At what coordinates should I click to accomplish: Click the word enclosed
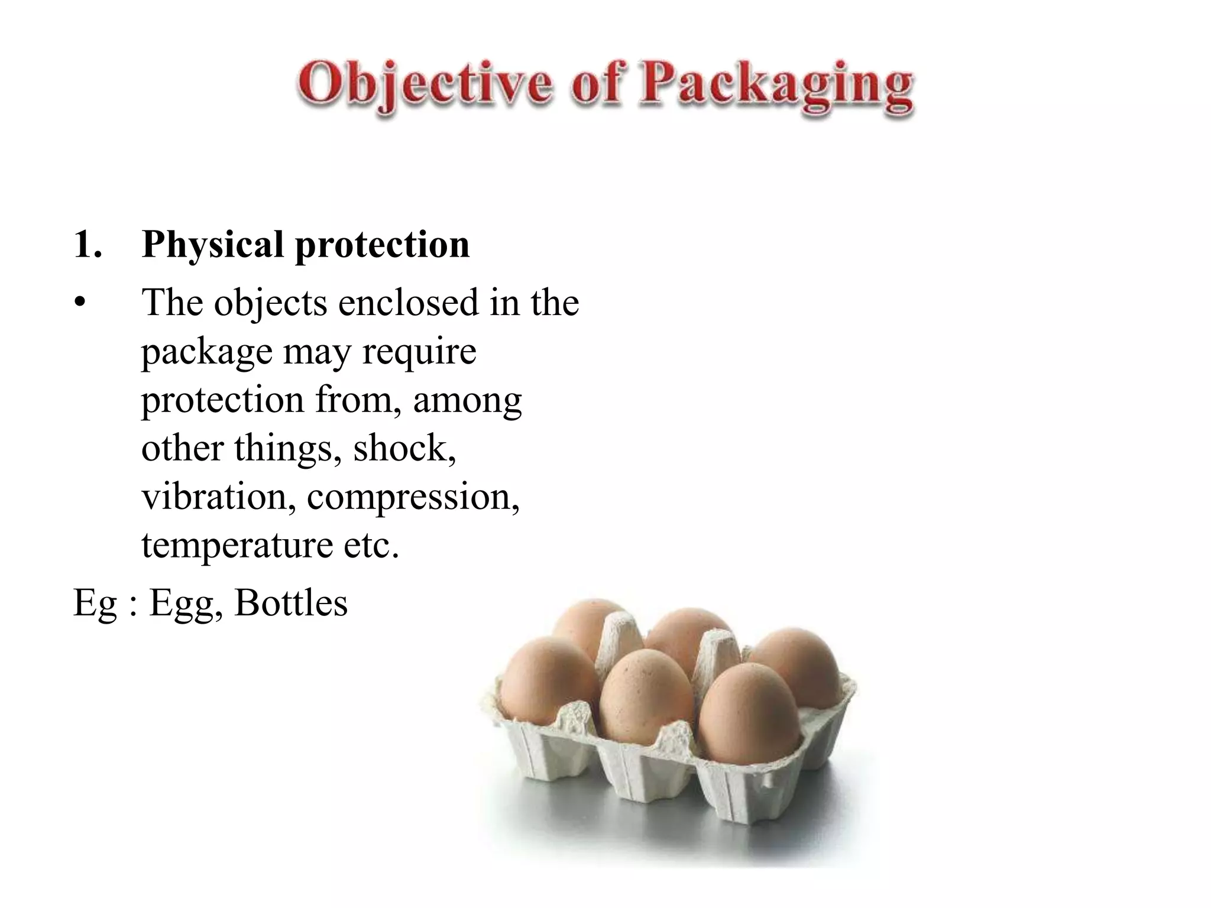click(408, 302)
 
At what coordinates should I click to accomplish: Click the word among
click(467, 400)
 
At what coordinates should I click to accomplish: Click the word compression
click(413, 498)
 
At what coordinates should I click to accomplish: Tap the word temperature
click(237, 546)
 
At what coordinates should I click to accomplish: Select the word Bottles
click(291, 603)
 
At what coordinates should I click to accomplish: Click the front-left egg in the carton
click(547, 680)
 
